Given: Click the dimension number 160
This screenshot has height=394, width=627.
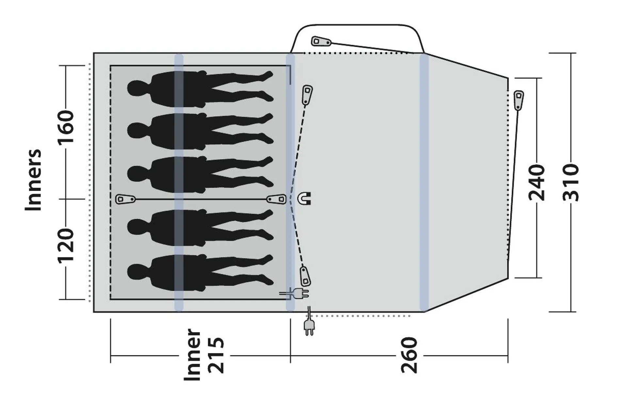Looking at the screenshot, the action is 66,127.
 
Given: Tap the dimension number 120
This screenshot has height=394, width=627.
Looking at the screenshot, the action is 66,246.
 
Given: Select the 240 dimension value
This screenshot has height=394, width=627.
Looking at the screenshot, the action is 537,182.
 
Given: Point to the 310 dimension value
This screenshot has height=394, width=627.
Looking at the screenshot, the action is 571,182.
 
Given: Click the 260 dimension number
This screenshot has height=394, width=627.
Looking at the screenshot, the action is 409,355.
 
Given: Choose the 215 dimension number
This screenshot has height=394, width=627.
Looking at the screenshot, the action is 217,355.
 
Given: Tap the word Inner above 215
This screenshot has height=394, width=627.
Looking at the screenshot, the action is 192,355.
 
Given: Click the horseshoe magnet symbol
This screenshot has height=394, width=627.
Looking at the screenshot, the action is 304,198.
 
